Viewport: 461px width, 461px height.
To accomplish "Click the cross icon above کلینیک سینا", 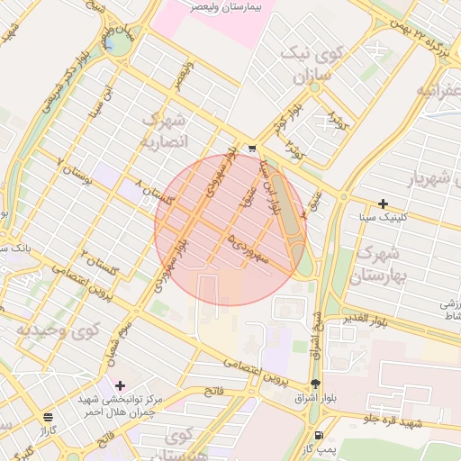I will [384, 203].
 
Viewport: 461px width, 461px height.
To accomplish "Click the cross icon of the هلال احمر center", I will [120, 385].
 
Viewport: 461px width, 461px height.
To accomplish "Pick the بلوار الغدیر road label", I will [366, 320].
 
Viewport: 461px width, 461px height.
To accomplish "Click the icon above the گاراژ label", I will [48, 418].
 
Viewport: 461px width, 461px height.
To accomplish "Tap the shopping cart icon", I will [252, 149].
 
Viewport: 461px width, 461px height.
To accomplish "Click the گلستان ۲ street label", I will [100, 263].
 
